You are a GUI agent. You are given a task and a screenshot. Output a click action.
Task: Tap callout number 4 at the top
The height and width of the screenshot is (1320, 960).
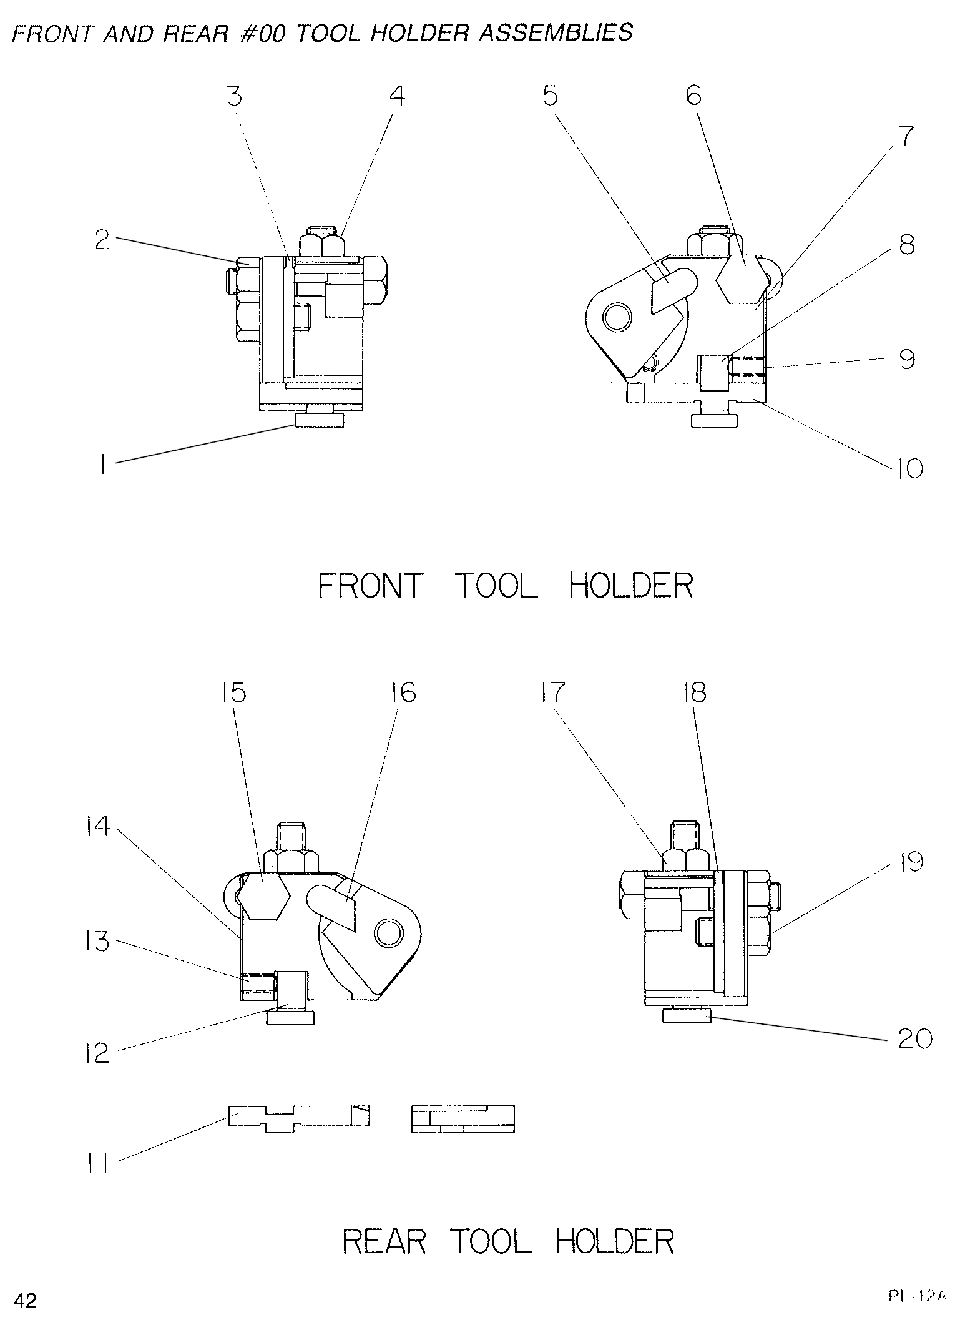397,96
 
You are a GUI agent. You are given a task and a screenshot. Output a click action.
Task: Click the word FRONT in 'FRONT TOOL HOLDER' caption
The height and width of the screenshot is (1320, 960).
371,585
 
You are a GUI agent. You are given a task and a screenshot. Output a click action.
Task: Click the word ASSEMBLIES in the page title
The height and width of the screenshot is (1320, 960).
556,32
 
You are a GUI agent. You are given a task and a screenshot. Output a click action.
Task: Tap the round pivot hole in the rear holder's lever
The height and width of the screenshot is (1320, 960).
388,933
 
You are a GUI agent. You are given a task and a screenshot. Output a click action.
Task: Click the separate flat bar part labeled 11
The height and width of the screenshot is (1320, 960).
298,1115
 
